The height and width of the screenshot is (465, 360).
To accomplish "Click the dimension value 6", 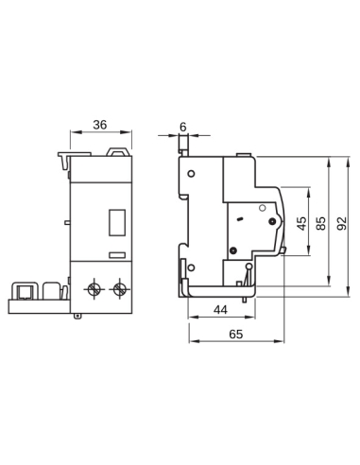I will point(183,124).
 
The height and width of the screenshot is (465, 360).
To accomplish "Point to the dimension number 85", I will point(322,224).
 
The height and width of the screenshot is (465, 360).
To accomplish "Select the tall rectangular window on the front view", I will point(118,221).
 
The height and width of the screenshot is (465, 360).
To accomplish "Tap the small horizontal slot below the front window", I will point(118,254).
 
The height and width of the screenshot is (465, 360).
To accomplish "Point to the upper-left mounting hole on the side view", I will point(191,175).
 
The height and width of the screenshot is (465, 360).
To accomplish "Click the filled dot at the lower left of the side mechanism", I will point(233,250).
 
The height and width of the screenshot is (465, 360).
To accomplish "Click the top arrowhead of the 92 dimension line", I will point(334,155).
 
